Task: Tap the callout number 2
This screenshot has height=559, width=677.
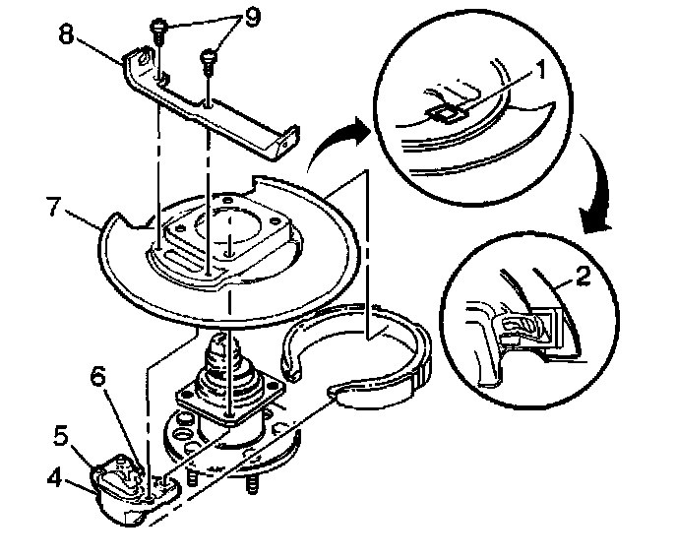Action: click(584, 278)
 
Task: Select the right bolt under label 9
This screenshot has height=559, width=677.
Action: click(209, 61)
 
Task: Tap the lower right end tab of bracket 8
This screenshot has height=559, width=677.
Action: click(286, 147)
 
